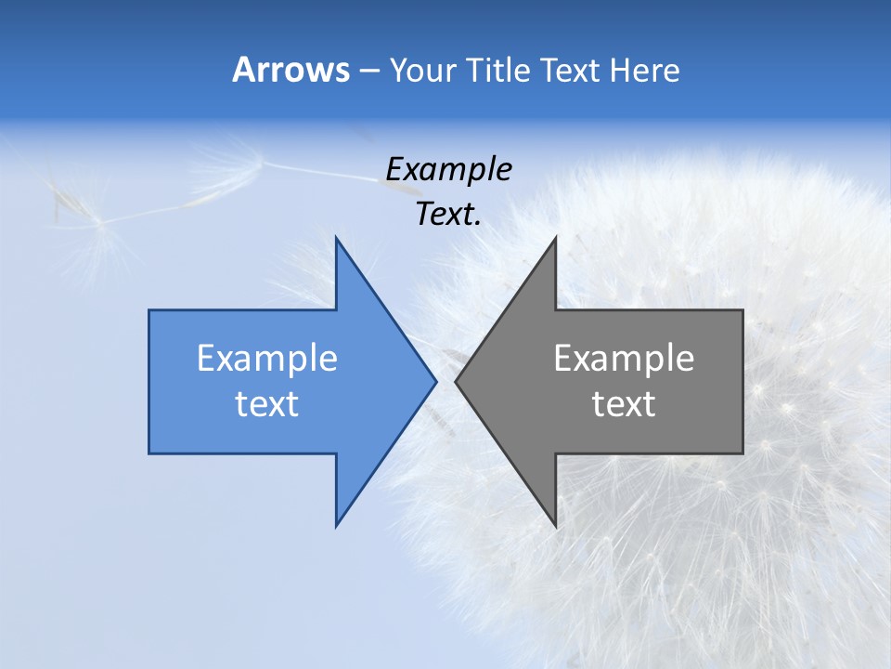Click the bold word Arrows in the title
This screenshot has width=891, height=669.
point(291,70)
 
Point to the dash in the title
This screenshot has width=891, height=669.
point(368,71)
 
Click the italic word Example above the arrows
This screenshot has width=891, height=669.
point(448,170)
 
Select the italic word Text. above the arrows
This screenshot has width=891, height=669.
point(448,215)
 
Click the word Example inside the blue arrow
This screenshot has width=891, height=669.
point(267,359)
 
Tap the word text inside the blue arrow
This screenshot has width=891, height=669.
point(267,404)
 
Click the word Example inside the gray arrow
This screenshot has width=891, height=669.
point(624,359)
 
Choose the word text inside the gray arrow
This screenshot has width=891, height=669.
point(624,404)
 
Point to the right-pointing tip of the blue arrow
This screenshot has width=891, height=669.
point(435,381)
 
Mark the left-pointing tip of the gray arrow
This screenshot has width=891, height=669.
point(457,381)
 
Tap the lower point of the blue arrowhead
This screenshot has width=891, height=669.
point(337,525)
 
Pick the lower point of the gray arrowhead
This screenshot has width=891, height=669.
point(555,525)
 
